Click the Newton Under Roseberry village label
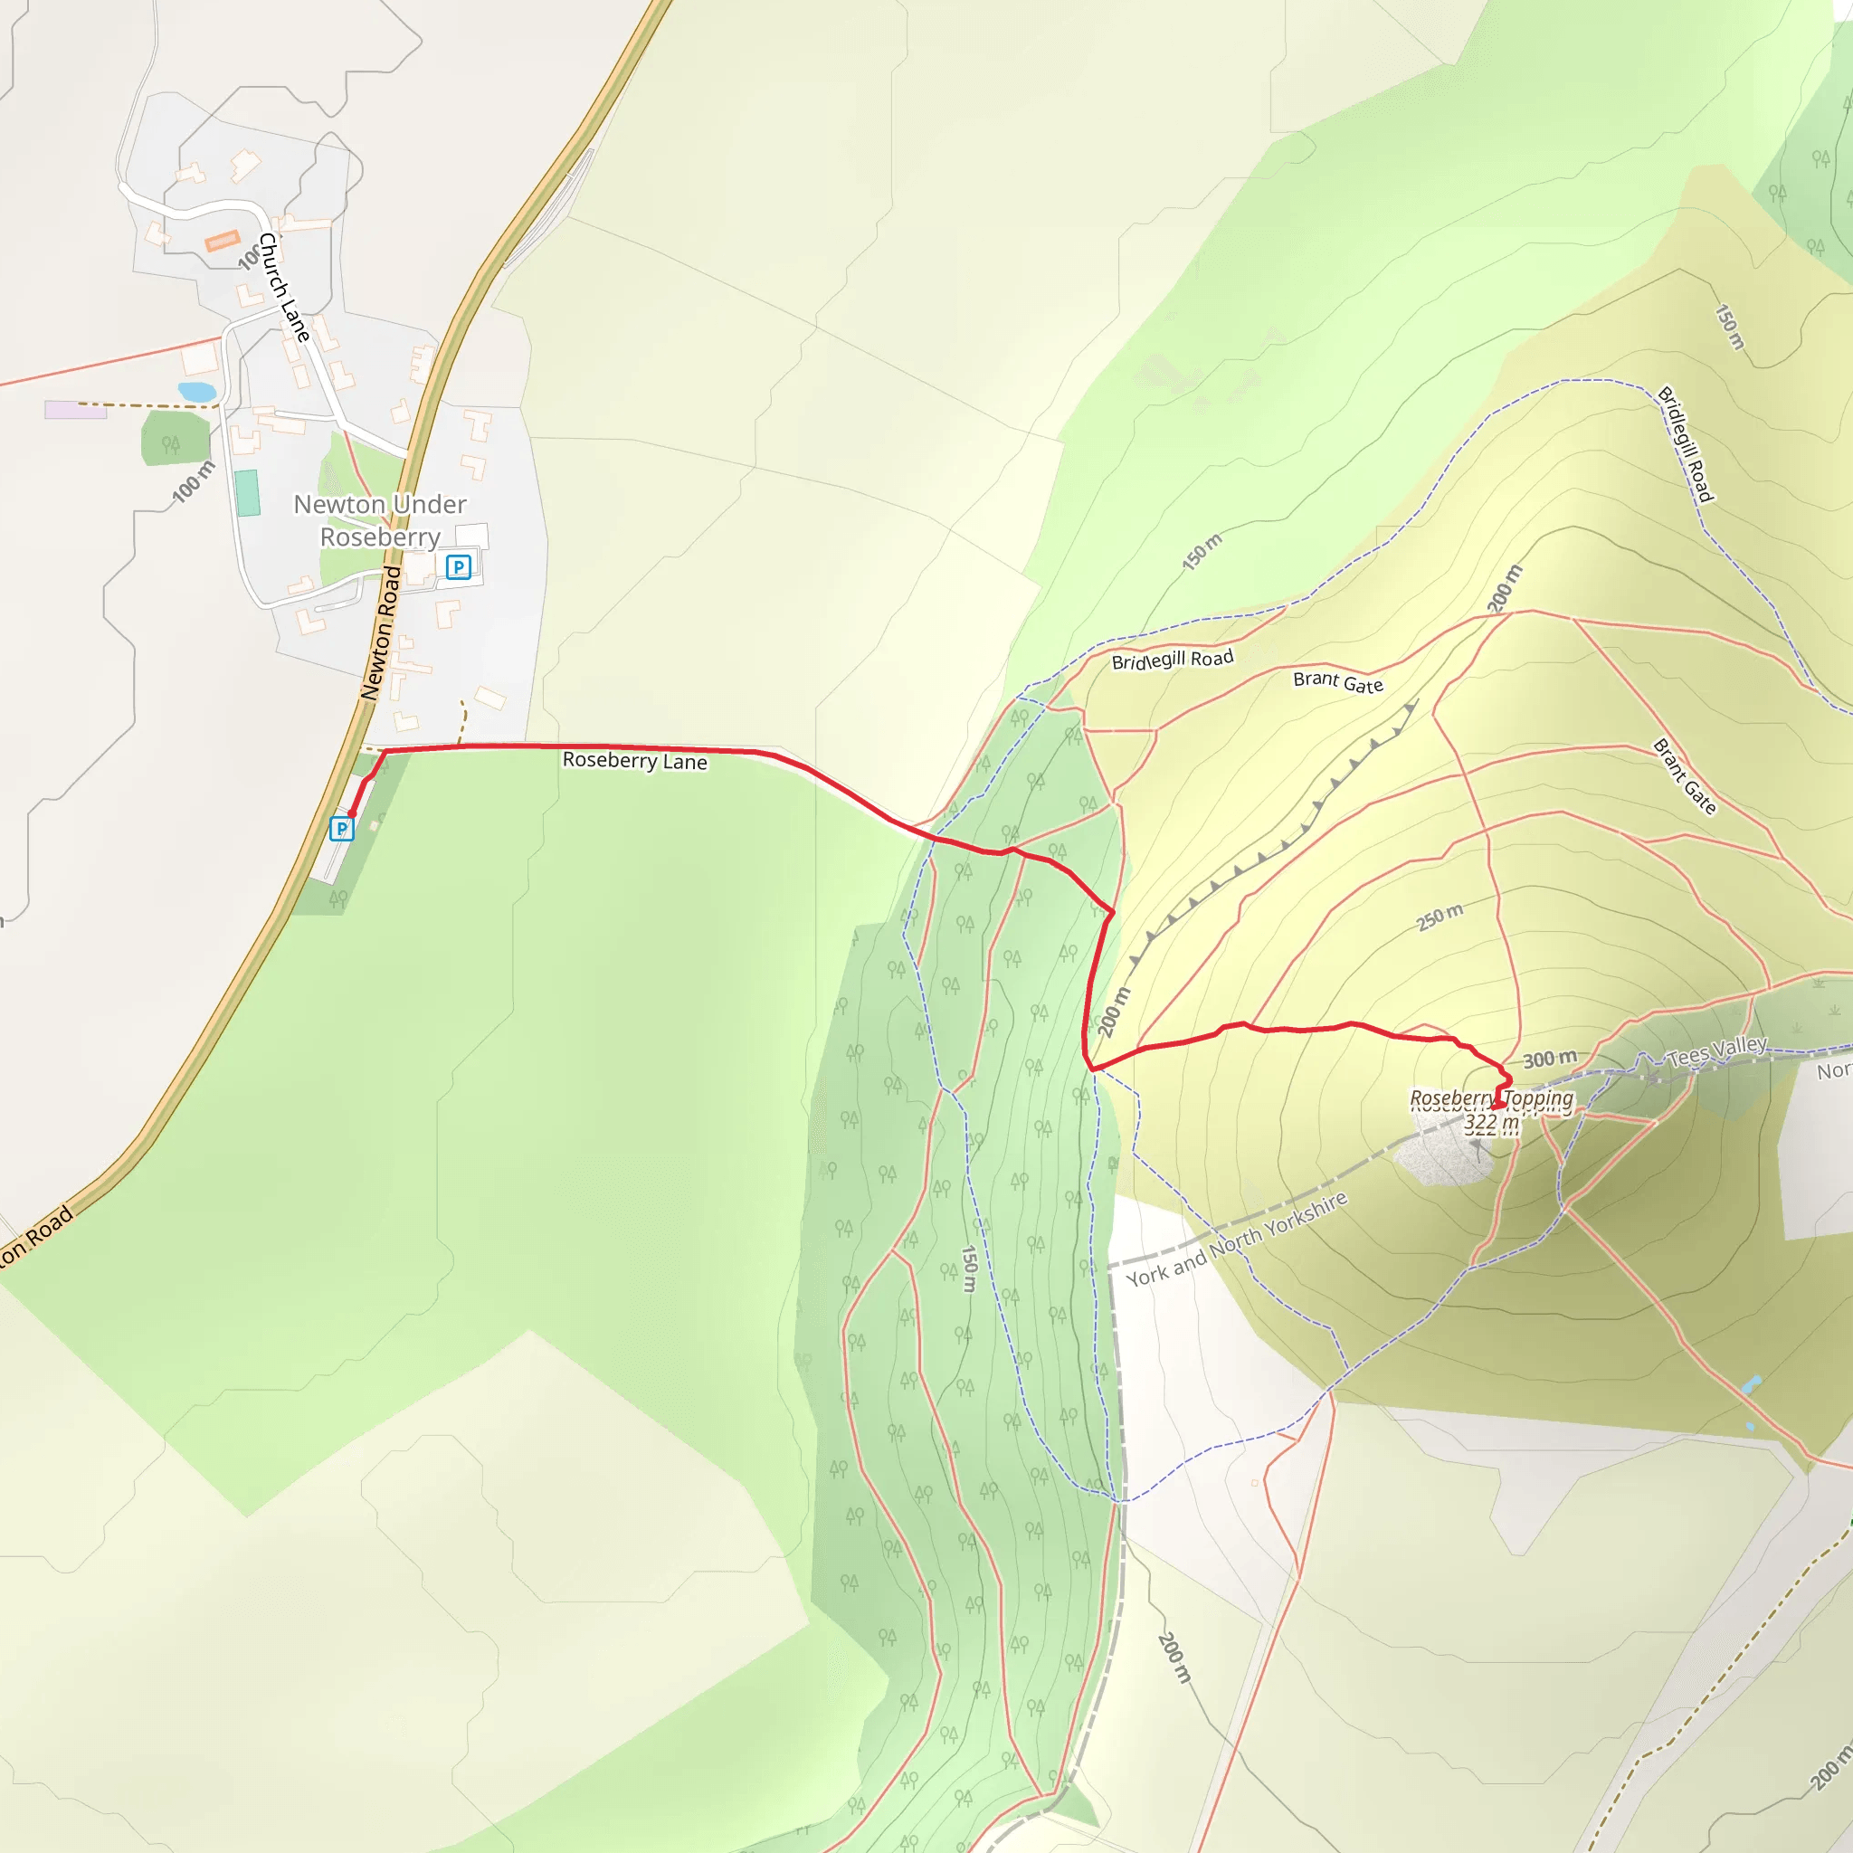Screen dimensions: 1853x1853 pyautogui.click(x=380, y=520)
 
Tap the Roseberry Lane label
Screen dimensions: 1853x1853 pyautogui.click(x=634, y=761)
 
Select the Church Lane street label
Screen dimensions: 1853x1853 pyautogui.click(x=284, y=287)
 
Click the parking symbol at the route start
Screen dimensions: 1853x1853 pyautogui.click(x=341, y=828)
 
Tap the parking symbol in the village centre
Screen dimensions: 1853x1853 pyautogui.click(x=459, y=566)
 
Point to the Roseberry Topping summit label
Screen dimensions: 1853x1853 pyautogui.click(x=1490, y=1098)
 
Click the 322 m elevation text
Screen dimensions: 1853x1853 pyautogui.click(x=1490, y=1122)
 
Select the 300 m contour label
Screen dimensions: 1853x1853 pyautogui.click(x=1550, y=1059)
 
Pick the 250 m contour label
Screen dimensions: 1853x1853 pyautogui.click(x=1440, y=917)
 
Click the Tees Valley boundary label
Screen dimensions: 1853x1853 pyautogui.click(x=1716, y=1052)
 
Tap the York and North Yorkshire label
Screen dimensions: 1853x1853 pyautogui.click(x=1236, y=1240)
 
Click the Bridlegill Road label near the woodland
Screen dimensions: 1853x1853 pyautogui.click(x=1172, y=660)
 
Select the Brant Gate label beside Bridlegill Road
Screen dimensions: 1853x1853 pyautogui.click(x=1338, y=682)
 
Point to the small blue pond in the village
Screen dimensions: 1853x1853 pyautogui.click(x=196, y=391)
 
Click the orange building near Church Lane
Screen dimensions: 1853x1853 pyautogui.click(x=223, y=240)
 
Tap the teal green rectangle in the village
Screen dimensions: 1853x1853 pyautogui.click(x=247, y=493)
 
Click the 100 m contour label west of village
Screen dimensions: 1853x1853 pyautogui.click(x=193, y=481)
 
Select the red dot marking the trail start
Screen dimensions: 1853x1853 pyautogui.click(x=352, y=813)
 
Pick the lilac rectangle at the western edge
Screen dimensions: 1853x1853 pyautogui.click(x=75, y=410)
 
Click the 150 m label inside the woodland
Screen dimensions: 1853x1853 pyautogui.click(x=969, y=1268)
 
